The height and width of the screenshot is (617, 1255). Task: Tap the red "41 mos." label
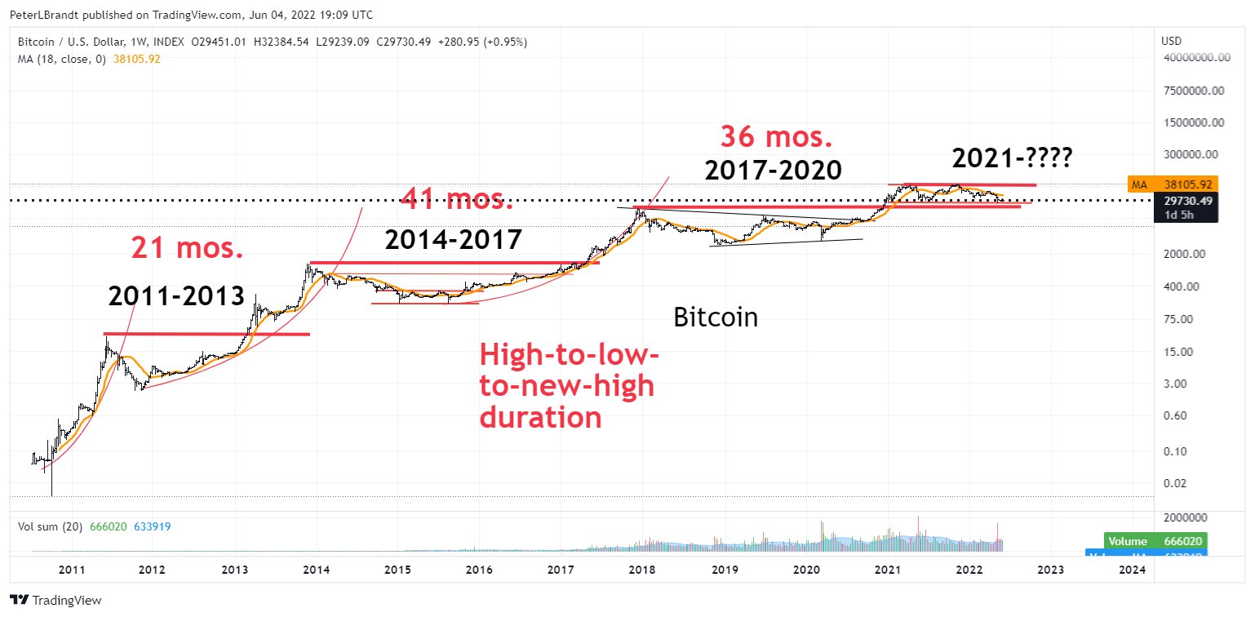tap(457, 198)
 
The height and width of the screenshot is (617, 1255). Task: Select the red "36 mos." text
tap(776, 137)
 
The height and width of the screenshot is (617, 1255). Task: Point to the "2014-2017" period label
tap(453, 240)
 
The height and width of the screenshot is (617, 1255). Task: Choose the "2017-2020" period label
tap(774, 170)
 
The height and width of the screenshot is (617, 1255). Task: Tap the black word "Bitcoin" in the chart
tap(716, 317)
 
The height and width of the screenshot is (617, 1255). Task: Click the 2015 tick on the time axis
tap(397, 569)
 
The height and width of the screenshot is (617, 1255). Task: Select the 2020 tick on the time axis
tap(805, 569)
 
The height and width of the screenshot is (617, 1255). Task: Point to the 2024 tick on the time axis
tap(1131, 569)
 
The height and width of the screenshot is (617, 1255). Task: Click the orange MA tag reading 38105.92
tap(1173, 184)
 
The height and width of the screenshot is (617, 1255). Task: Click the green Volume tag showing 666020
tap(1155, 541)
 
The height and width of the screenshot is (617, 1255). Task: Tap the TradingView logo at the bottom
tap(56, 601)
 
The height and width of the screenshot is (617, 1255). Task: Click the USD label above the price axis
tap(1170, 41)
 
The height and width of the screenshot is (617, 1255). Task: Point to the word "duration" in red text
tap(541, 418)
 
